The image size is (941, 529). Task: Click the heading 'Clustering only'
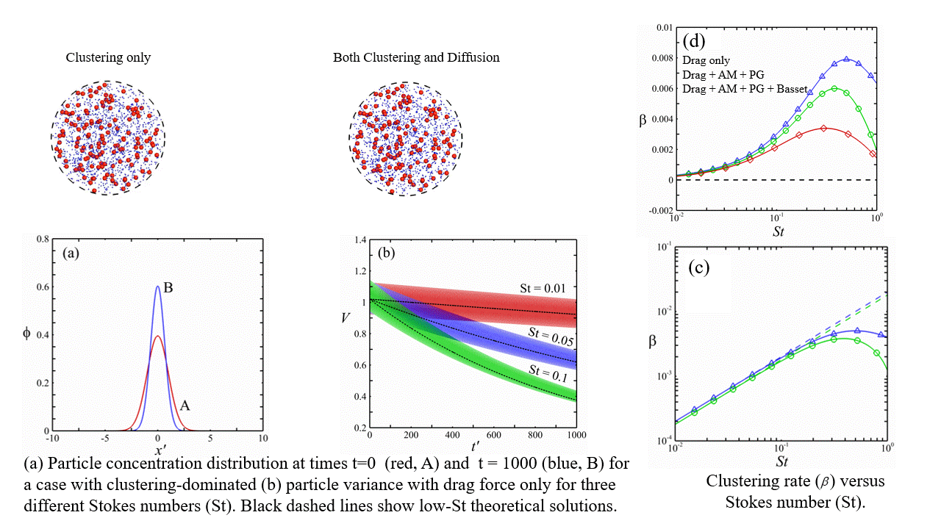tap(108, 57)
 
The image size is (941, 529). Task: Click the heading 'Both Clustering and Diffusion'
tap(416, 57)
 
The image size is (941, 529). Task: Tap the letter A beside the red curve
tap(185, 404)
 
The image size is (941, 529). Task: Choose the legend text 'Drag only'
tap(706, 61)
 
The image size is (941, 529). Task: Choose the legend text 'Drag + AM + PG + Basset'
tap(745, 89)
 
